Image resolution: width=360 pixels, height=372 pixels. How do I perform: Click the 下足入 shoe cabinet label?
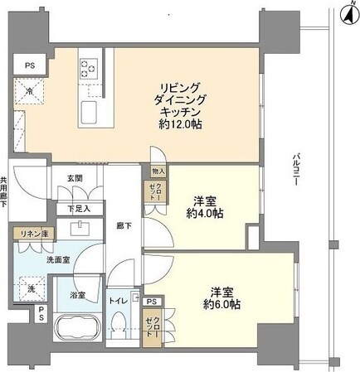point(79,208)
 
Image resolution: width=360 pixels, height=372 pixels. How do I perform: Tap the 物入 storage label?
point(159,172)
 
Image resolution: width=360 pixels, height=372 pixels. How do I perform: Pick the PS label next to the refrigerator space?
point(29,65)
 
